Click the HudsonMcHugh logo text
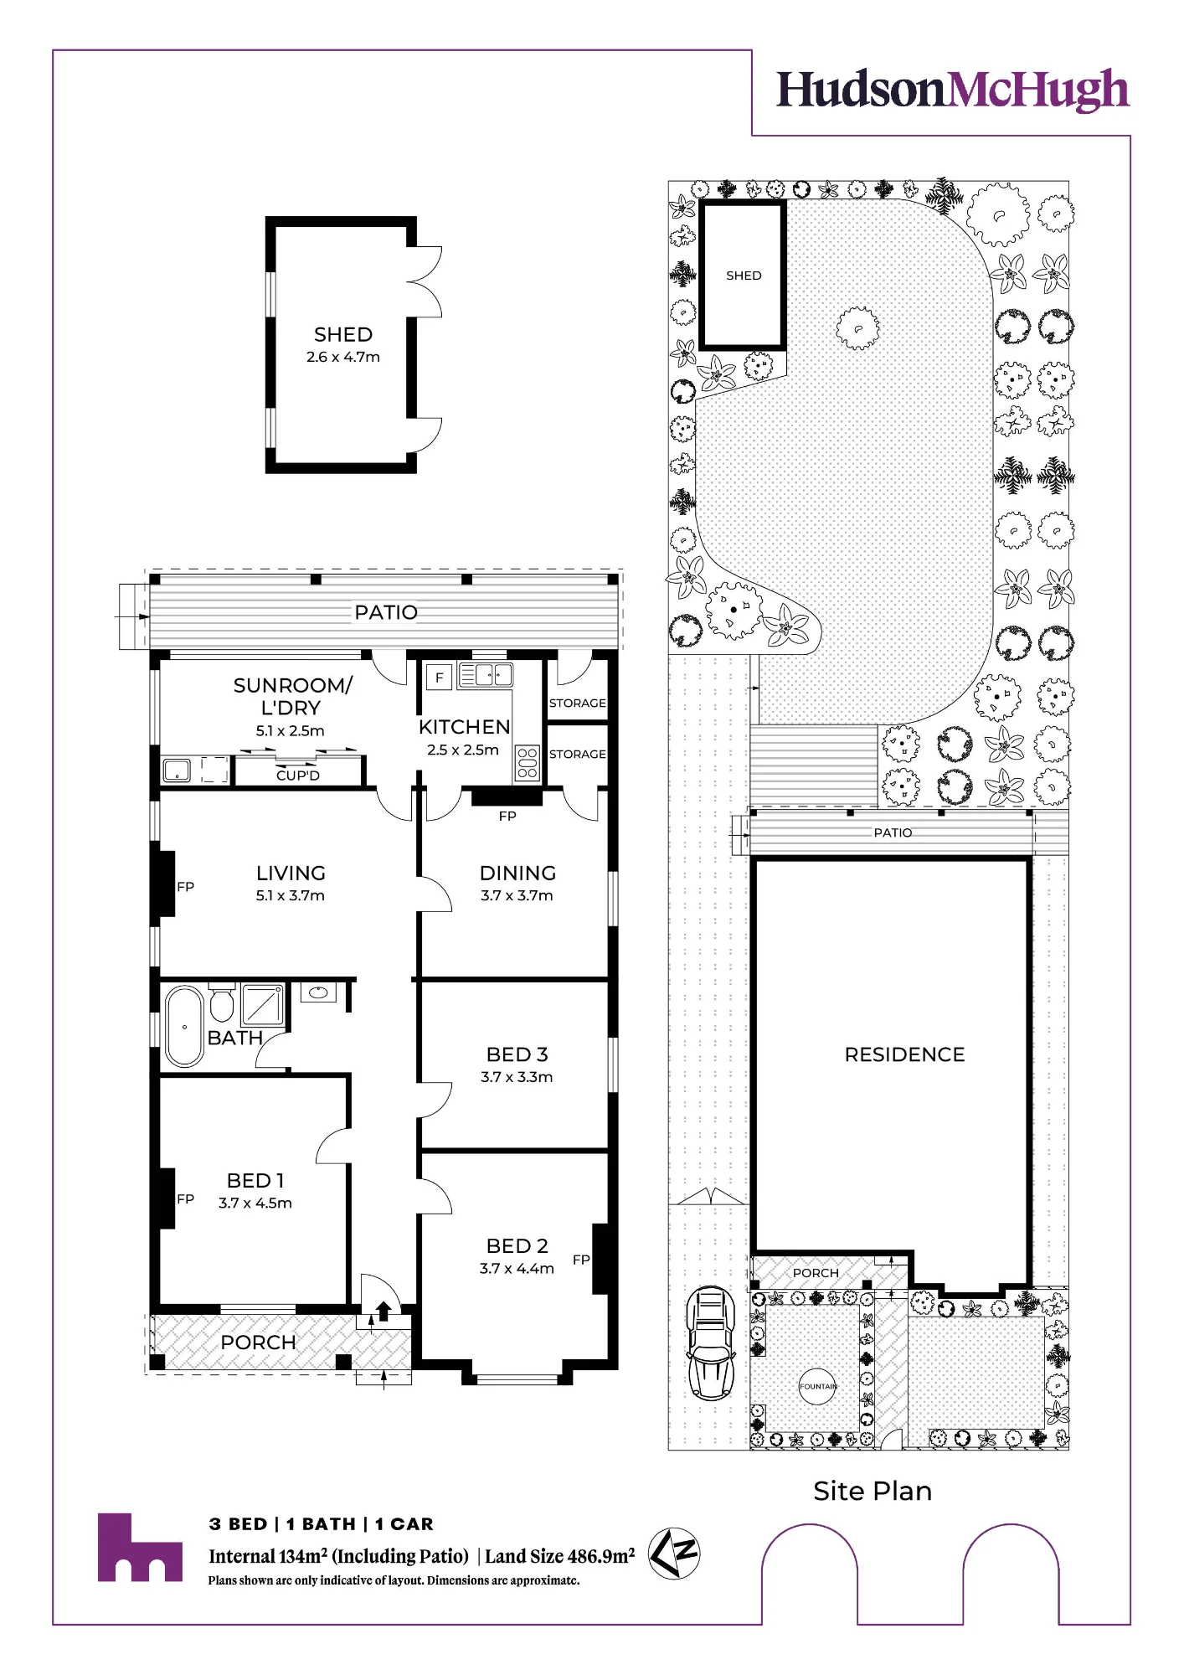953,90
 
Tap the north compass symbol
675,1554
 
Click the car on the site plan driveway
710,1343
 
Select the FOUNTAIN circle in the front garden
817,1386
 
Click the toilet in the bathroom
222,1002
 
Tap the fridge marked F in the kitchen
439,677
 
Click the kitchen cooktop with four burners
528,762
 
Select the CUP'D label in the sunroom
298,776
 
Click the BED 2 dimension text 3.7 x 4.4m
517,1268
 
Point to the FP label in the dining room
507,816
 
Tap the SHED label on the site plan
744,276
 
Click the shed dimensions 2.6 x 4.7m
343,357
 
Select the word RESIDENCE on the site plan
904,1054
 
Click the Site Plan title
873,1491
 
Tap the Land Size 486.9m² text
559,1555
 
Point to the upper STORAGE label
577,703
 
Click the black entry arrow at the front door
384,1311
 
